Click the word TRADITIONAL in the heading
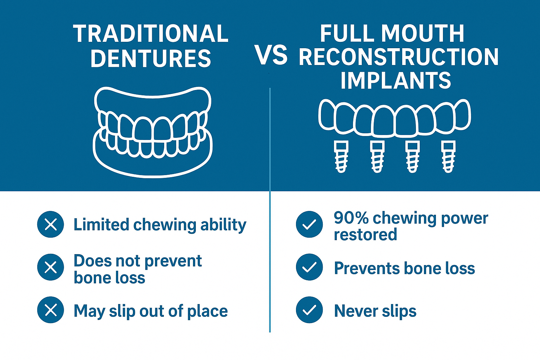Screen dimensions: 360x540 click(151, 34)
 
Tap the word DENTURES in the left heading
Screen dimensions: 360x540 click(151, 58)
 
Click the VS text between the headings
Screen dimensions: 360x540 click(271, 56)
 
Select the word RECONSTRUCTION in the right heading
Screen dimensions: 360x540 click(399, 57)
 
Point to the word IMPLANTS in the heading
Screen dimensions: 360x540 click(396, 80)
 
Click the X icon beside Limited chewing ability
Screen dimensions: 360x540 click(51, 224)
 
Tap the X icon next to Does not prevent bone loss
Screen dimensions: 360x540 click(51, 267)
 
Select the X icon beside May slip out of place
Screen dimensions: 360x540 click(51, 310)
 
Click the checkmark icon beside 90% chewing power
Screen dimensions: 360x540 click(309, 224)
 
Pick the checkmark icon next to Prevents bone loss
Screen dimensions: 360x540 click(309, 267)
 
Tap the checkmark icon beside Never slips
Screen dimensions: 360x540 click(309, 310)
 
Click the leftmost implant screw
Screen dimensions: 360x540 click(341, 157)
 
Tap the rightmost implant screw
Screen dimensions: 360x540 click(448, 157)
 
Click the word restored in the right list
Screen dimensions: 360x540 click(365, 234)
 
